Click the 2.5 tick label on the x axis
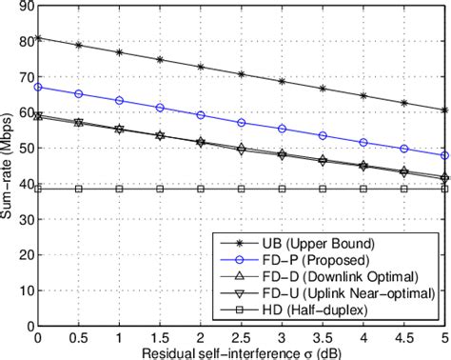[x=241, y=338]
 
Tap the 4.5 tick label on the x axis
[x=404, y=338]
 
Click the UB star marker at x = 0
[x=37, y=38]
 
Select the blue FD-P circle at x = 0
[x=37, y=87]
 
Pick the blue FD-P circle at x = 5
[x=445, y=155]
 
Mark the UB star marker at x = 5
[x=445, y=110]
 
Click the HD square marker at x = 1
[x=119, y=189]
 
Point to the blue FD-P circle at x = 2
[x=201, y=115]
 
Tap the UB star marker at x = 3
[x=282, y=81]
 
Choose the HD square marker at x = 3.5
[x=323, y=189]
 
